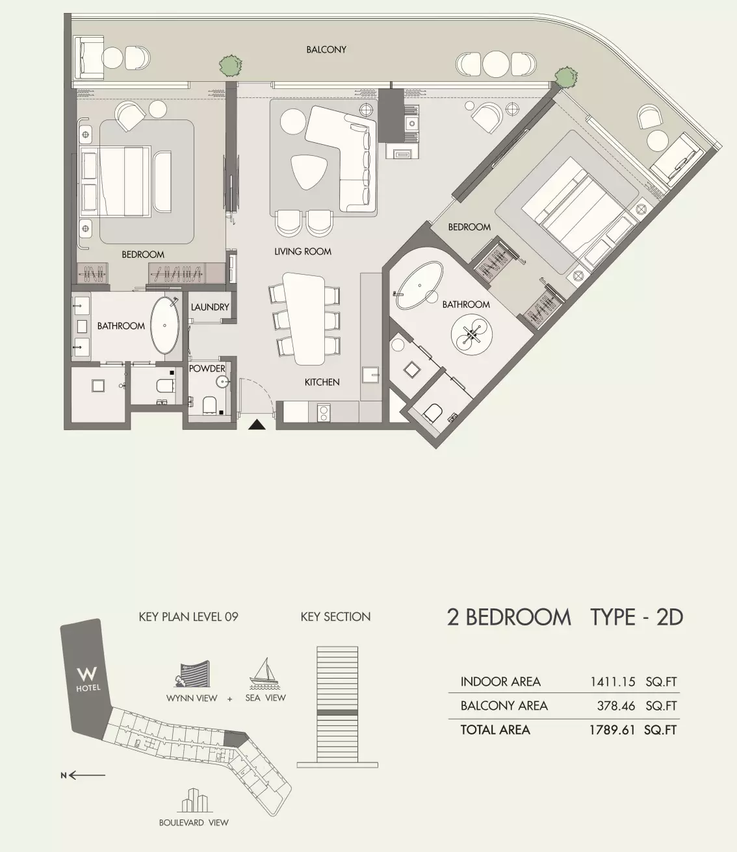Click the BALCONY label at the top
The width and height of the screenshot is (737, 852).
click(x=326, y=49)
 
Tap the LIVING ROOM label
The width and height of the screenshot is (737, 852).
click(x=302, y=251)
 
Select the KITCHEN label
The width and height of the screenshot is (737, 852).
click(x=322, y=382)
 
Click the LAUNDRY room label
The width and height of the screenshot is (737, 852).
click(x=210, y=307)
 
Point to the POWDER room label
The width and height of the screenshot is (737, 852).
click(x=207, y=368)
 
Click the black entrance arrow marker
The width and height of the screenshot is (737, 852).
click(x=258, y=425)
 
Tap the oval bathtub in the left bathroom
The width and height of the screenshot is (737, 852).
click(x=165, y=326)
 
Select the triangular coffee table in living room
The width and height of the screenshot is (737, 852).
click(x=309, y=171)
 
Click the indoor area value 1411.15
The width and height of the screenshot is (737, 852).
click(x=612, y=682)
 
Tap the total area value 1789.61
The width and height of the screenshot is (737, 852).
click(x=612, y=730)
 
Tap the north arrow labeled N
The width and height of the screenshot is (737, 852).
click(x=83, y=775)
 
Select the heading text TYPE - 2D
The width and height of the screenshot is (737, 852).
click(x=636, y=617)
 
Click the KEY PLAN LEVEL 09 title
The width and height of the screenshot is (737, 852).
click(x=188, y=616)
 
